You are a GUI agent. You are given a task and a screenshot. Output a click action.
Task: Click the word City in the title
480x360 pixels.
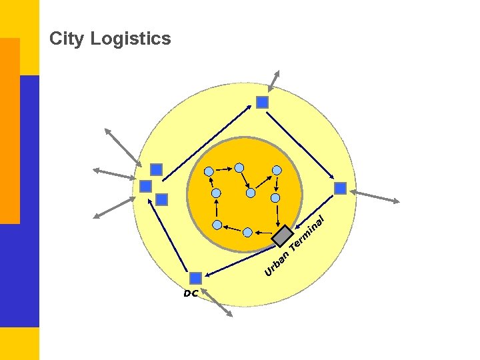[x=67, y=39]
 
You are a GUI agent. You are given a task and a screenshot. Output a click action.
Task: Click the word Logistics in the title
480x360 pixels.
[x=131, y=39]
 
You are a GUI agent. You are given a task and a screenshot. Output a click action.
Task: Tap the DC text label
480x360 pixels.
[x=191, y=293]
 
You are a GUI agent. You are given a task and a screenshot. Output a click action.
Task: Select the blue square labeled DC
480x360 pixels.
[x=195, y=277]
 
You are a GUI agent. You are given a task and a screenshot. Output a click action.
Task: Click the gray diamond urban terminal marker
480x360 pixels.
[x=283, y=235]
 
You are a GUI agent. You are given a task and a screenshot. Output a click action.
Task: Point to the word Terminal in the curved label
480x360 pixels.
[x=308, y=235]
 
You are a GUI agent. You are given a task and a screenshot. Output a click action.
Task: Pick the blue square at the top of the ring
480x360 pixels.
[x=262, y=102]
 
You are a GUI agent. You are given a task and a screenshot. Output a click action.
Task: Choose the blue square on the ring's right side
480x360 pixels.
[x=340, y=189]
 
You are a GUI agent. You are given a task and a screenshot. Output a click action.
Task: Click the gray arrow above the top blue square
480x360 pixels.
[x=273, y=80]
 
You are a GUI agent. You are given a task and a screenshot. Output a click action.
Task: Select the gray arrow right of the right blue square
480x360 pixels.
[x=377, y=196]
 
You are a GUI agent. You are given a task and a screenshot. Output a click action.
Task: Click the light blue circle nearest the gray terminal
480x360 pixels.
[x=275, y=198]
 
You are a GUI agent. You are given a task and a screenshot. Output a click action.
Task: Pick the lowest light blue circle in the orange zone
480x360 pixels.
[x=247, y=232]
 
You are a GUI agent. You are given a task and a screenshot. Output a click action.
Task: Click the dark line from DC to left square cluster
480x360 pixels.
[x=171, y=241]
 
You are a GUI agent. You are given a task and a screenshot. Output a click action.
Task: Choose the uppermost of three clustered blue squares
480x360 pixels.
[x=156, y=169]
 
